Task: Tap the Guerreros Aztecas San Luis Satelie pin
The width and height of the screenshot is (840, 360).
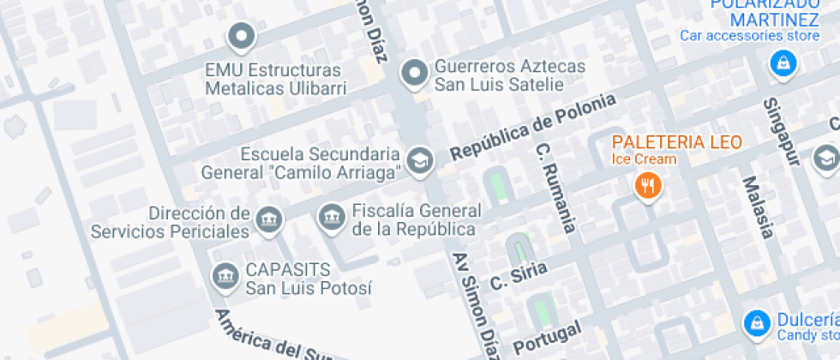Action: click(415, 74)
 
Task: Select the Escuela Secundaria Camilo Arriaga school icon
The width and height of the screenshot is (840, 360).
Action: click(419, 160)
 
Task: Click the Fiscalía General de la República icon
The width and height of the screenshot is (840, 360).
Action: click(329, 218)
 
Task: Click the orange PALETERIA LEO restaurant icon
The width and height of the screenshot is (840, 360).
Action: click(646, 184)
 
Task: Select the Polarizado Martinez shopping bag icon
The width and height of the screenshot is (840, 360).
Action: click(782, 63)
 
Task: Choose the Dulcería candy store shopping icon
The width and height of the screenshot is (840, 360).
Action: click(756, 321)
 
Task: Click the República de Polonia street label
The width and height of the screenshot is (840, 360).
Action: click(533, 126)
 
